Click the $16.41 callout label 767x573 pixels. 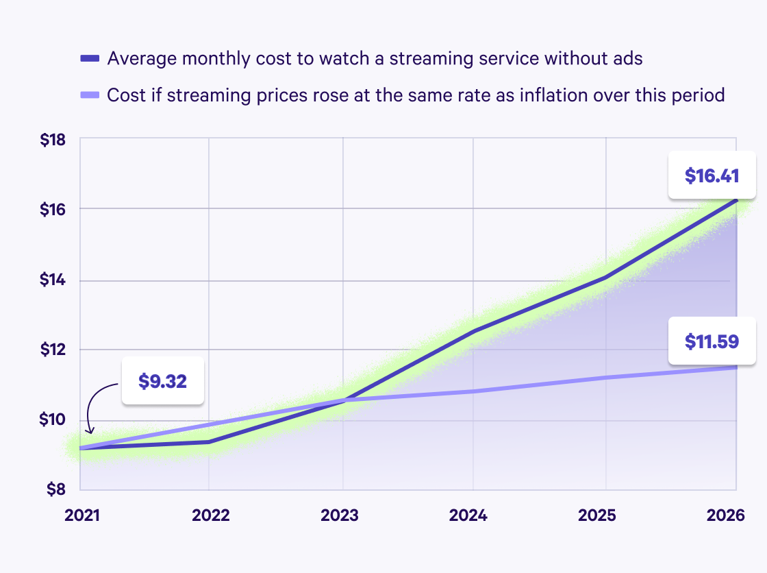pos(712,175)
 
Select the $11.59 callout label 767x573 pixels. pos(712,341)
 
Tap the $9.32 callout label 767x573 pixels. pos(163,381)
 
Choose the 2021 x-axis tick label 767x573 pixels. pos(81,515)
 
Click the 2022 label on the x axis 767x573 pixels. pos(209,515)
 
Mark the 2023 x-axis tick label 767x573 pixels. pos(340,515)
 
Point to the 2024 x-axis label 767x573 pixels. pos(473,515)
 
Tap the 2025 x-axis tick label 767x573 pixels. pos(605,515)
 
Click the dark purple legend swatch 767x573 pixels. pos(90,58)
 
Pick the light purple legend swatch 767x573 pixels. pos(90,95)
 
